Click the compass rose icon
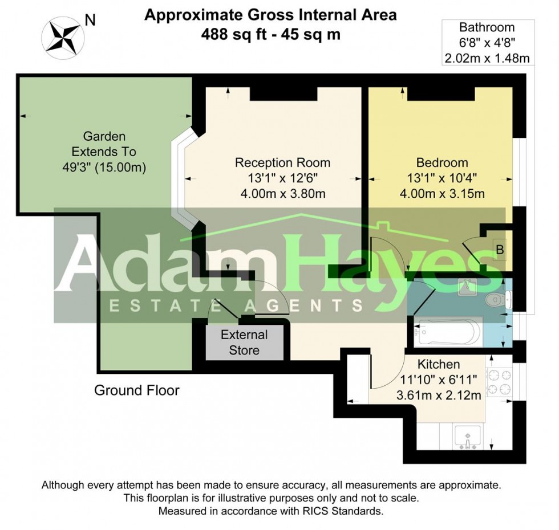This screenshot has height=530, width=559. tap(63, 35)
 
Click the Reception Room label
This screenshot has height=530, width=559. tap(282, 163)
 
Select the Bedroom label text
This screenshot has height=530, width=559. tap(442, 163)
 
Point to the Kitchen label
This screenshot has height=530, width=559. tap(439, 364)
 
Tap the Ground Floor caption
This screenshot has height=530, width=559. tap(136, 390)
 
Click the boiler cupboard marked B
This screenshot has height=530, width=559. tap(500, 250)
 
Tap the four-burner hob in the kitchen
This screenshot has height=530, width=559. tap(500, 382)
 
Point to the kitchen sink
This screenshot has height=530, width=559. tap(468, 438)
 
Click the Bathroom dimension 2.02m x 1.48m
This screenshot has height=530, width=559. tap(487, 58)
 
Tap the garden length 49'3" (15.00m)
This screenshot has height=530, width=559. tap(104, 168)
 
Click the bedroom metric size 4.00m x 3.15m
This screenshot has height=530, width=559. tap(442, 194)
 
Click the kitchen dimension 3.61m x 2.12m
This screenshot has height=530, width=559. tap(439, 395)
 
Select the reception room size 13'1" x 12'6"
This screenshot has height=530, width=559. tap(282, 178)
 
